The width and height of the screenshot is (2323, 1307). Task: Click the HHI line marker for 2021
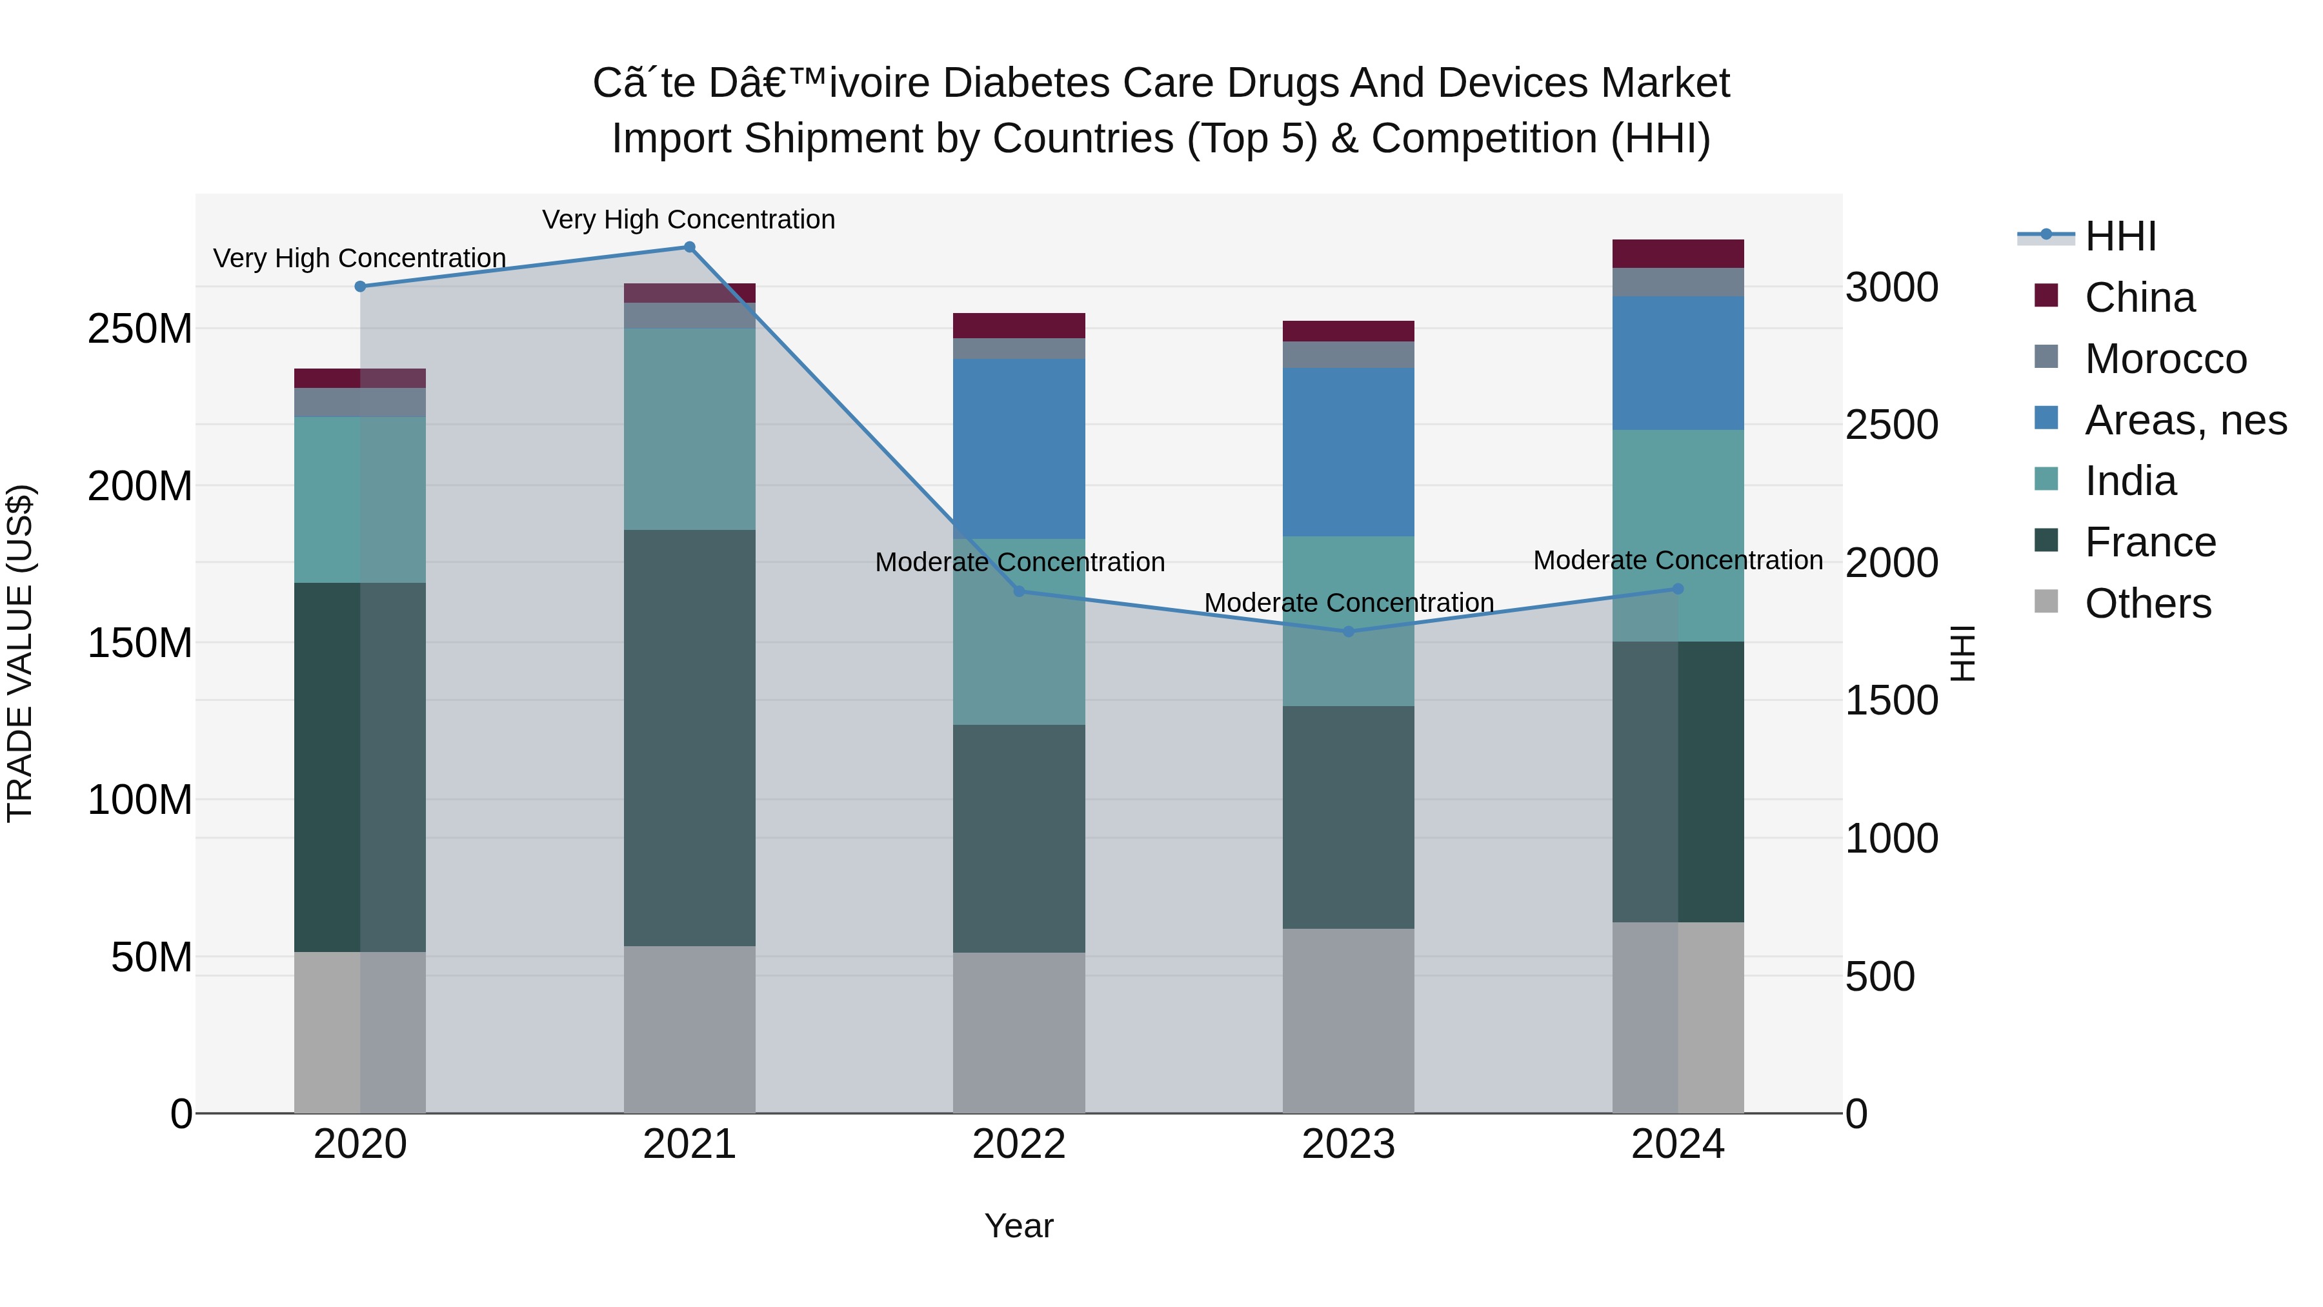(x=689, y=247)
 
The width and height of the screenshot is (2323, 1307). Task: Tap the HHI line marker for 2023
(x=1348, y=631)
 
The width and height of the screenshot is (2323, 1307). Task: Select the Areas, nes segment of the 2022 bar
(x=1019, y=449)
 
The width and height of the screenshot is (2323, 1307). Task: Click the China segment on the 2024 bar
(x=1677, y=254)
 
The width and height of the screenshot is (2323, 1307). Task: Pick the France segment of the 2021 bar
(x=689, y=737)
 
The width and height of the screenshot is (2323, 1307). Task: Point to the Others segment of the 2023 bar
(x=1348, y=1020)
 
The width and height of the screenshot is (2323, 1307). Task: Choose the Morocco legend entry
(x=2164, y=359)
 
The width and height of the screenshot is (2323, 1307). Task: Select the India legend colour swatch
(x=2046, y=479)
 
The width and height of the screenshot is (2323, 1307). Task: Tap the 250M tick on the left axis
(x=140, y=329)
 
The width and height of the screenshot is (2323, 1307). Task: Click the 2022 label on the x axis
(x=1019, y=1144)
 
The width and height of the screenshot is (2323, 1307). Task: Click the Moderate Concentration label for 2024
(x=1677, y=560)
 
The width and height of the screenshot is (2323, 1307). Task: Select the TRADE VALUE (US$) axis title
(x=20, y=653)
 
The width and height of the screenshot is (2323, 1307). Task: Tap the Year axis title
(x=1019, y=1226)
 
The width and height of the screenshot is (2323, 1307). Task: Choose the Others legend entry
(x=2147, y=603)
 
